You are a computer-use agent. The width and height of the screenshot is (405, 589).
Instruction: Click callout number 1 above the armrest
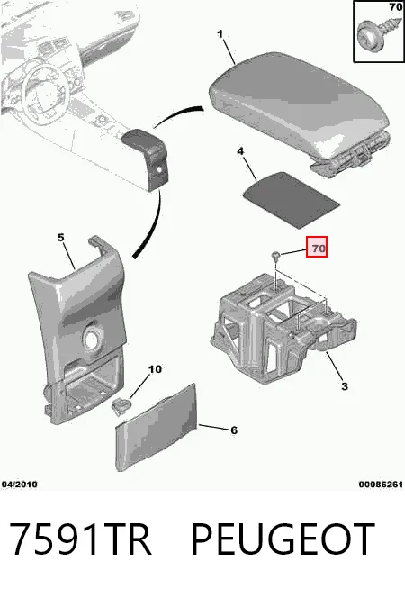pyautogui.click(x=220, y=34)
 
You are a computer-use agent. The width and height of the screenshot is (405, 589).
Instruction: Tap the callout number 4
pyautogui.click(x=240, y=151)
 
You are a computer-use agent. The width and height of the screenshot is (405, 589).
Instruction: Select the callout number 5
pyautogui.click(x=61, y=238)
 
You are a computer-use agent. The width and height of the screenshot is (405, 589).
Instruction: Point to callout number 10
pyautogui.click(x=155, y=369)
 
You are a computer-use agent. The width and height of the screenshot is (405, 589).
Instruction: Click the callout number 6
pyautogui.click(x=234, y=430)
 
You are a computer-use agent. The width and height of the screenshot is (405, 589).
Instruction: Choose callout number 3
pyautogui.click(x=345, y=386)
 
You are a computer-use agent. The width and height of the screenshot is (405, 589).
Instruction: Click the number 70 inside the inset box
pyautogui.click(x=395, y=7)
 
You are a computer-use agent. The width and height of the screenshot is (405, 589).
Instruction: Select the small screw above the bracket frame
pyautogui.click(x=276, y=256)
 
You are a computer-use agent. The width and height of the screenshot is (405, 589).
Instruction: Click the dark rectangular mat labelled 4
pyautogui.click(x=292, y=199)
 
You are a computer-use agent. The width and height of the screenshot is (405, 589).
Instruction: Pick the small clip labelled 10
pyautogui.click(x=121, y=407)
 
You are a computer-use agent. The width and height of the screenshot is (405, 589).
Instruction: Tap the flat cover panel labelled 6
pyautogui.click(x=157, y=428)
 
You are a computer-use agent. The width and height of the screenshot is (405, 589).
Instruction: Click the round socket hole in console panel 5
pyautogui.click(x=93, y=338)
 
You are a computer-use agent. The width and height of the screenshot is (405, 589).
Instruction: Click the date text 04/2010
pyautogui.click(x=20, y=485)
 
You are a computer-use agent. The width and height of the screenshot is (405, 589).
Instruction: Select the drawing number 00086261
pyautogui.click(x=381, y=485)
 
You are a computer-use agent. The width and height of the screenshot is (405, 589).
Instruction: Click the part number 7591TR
pyautogui.click(x=80, y=539)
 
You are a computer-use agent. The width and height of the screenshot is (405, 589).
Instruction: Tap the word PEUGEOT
pyautogui.click(x=283, y=539)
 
